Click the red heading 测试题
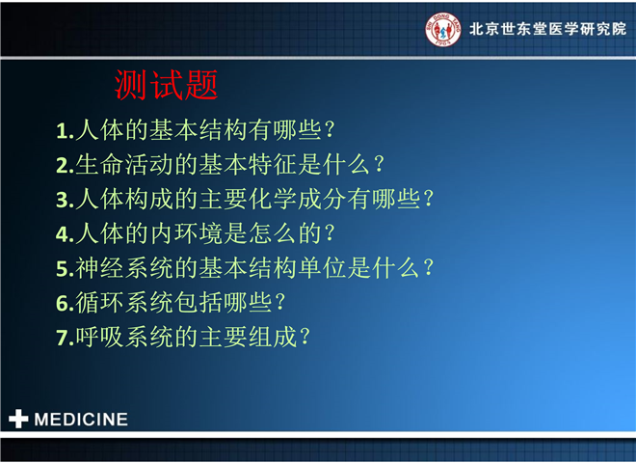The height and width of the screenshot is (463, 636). [x=167, y=85]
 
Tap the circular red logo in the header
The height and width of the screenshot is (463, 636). [x=443, y=29]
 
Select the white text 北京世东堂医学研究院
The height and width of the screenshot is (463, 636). [x=547, y=29]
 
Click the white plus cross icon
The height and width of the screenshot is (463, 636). [x=18, y=419]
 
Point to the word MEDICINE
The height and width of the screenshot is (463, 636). [x=81, y=420]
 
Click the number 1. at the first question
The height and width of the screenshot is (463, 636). [x=65, y=131]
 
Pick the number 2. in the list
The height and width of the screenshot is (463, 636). [x=65, y=166]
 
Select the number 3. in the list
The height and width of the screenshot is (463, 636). [x=65, y=201]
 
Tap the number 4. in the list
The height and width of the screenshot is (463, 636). [x=65, y=234]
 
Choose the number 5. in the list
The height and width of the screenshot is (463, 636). [x=65, y=269]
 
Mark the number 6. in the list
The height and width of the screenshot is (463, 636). [x=65, y=304]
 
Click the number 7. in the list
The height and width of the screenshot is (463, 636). [x=65, y=339]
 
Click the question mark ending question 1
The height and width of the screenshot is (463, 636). [x=330, y=130]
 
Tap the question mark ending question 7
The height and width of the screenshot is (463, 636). [x=305, y=337]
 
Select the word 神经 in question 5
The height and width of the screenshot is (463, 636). [x=100, y=268]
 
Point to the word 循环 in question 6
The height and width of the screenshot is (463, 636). [x=100, y=303]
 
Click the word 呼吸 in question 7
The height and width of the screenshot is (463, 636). [x=100, y=337]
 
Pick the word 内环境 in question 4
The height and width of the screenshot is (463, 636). [x=186, y=233]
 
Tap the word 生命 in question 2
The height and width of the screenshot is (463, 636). [x=100, y=165]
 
